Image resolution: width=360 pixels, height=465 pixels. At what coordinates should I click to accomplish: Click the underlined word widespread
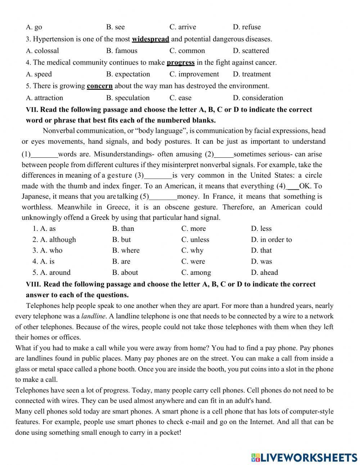coord(150,39)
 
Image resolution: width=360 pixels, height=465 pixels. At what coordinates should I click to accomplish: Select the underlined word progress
coord(180,63)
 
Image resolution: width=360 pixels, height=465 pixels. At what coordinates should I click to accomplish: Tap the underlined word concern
coord(100,86)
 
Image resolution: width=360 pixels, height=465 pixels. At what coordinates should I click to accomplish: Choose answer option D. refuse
coord(247,27)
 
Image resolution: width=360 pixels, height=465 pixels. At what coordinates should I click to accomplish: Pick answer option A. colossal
coord(42,51)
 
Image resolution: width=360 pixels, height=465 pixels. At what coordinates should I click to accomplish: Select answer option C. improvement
coord(194,74)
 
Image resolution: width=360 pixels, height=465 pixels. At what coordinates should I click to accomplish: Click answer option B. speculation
coord(128,98)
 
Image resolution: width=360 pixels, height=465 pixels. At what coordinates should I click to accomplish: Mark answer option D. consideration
coord(258,98)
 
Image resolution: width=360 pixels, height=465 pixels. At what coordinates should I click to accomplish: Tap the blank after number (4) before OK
coord(293,187)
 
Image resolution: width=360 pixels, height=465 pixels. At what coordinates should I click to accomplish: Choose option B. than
coord(123,229)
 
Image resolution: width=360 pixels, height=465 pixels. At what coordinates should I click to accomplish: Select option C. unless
coord(195,240)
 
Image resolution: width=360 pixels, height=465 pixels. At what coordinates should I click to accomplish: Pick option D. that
coord(261,251)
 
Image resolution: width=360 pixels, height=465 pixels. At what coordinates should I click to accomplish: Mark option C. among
coord(196,273)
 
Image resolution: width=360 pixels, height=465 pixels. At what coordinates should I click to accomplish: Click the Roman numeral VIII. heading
coord(33,284)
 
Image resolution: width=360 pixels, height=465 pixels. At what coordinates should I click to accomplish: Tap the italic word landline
coord(93,317)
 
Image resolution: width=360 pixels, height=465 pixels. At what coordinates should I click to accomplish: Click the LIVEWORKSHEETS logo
coord(304,457)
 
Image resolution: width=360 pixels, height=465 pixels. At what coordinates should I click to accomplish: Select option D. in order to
coord(271,240)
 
